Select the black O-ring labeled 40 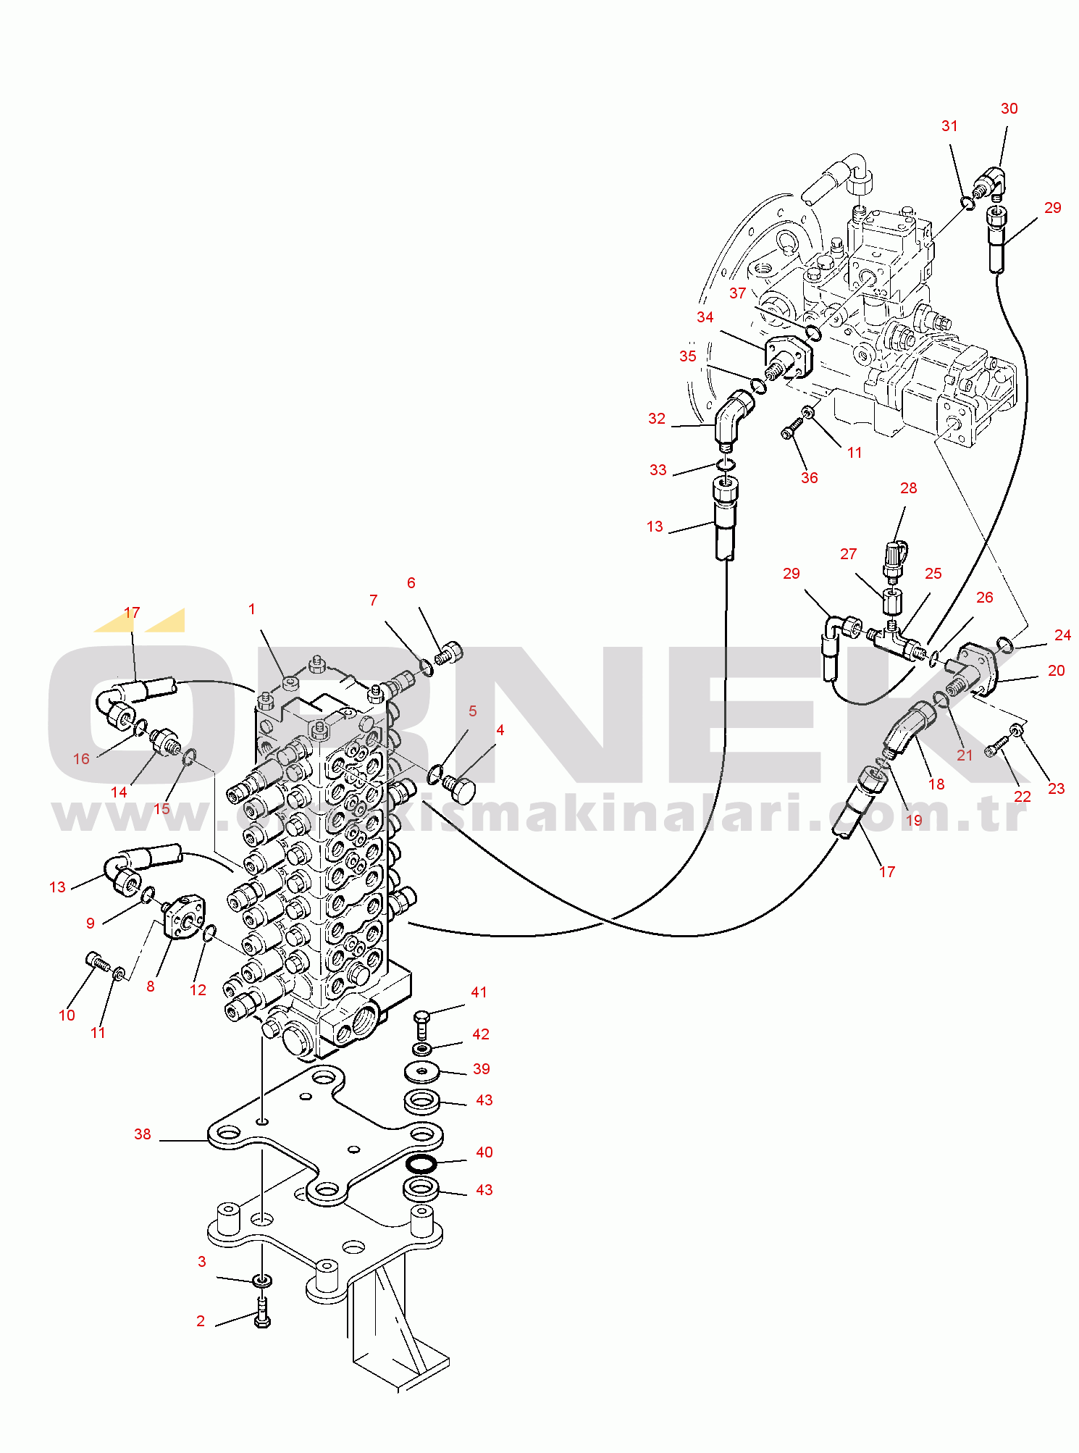(x=421, y=1163)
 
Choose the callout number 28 (x=908, y=488)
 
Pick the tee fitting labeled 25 (x=895, y=639)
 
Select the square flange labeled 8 (x=185, y=916)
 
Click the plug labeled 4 (x=461, y=788)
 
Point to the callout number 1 (x=252, y=609)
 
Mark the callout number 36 (x=809, y=478)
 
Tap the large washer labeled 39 (x=421, y=1071)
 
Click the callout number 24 (x=1062, y=635)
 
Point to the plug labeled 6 (x=450, y=653)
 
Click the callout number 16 (x=81, y=759)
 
